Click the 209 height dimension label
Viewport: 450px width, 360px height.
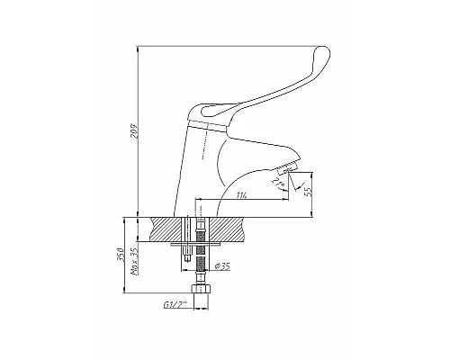(134, 130)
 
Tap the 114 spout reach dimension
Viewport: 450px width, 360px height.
(242, 195)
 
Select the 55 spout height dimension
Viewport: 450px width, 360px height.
(308, 191)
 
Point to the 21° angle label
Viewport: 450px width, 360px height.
(276, 182)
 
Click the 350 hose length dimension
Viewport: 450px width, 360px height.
(121, 255)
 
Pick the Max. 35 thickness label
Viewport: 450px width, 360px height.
(134, 262)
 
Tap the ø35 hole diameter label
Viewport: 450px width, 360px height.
(223, 266)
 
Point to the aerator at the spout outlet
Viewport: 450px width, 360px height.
(287, 168)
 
